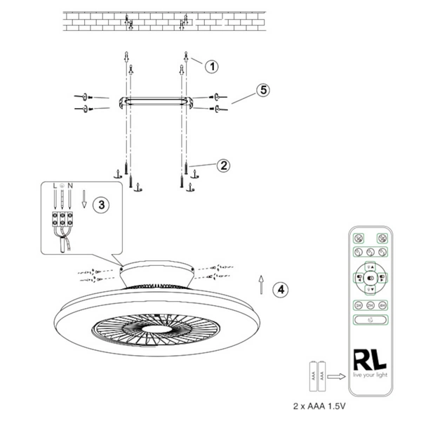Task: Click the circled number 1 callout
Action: coord(212,65)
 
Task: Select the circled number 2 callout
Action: coord(222,166)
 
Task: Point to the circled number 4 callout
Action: coord(280,288)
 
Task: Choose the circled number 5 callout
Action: coord(262,90)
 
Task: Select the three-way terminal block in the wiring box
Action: coord(63,218)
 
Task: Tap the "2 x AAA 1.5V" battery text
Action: coord(321,406)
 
